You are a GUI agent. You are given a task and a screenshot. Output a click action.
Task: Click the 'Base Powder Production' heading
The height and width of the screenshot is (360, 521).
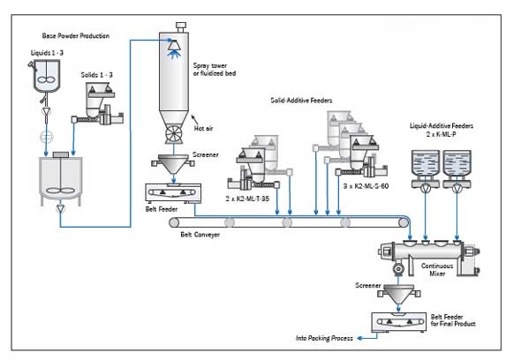[x=76, y=36]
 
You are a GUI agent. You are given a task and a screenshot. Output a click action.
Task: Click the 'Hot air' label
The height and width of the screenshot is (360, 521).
[x=205, y=129]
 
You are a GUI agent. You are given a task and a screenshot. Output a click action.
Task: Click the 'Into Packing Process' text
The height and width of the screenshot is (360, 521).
[x=328, y=338]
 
